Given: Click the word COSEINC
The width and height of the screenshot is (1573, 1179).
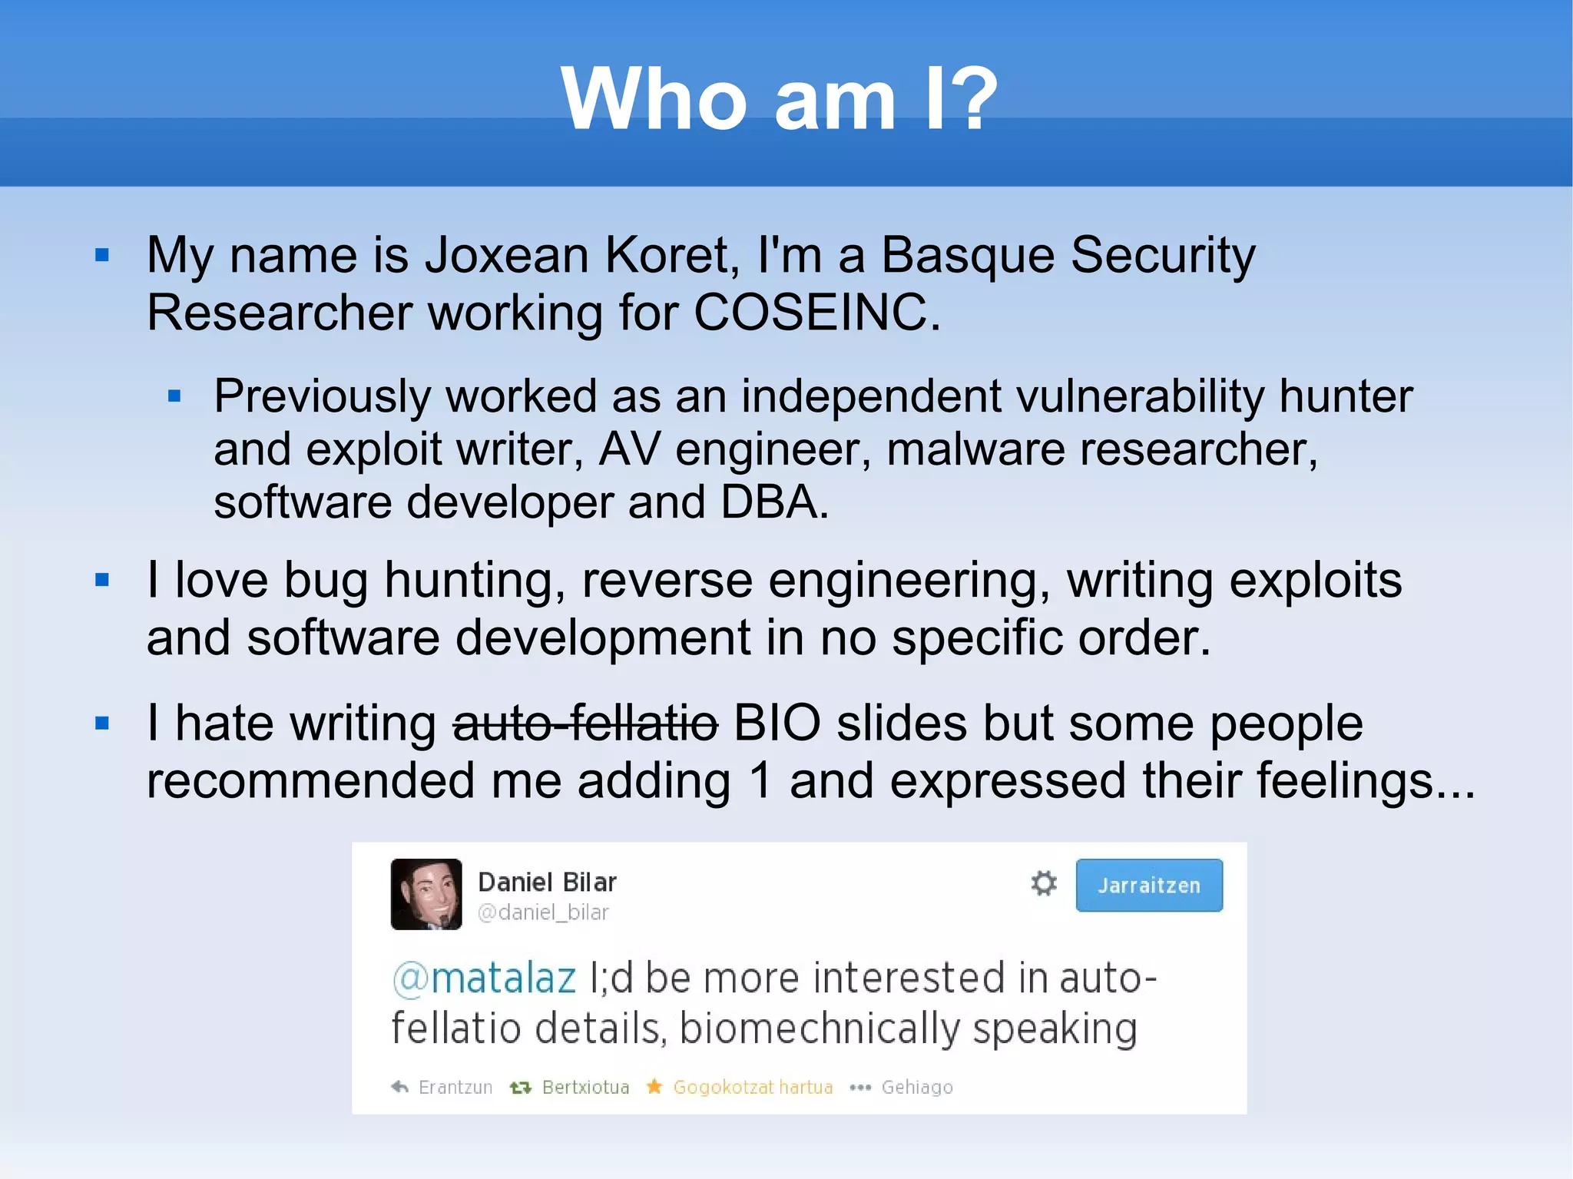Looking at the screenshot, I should click(816, 313).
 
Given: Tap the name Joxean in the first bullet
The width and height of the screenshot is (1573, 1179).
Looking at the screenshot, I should click(506, 255).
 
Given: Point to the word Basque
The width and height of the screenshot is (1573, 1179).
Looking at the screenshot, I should click(967, 255).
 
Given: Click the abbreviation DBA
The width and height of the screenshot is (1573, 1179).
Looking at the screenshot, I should click(773, 502).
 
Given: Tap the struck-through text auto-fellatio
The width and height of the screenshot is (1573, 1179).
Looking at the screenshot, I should click(585, 724).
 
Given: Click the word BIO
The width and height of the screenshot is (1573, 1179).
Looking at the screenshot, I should click(777, 724).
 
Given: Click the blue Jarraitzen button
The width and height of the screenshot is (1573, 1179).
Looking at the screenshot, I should click(1148, 885).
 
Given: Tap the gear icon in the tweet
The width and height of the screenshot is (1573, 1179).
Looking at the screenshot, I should click(1043, 883).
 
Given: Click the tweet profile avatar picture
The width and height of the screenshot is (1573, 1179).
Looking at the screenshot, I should click(426, 894).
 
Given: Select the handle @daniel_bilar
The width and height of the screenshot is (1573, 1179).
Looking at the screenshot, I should click(543, 912).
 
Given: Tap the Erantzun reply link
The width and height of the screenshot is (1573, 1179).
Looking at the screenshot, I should click(455, 1087).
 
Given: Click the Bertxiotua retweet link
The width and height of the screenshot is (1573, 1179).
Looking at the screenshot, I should click(585, 1087).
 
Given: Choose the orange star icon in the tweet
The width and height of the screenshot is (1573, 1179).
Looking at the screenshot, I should click(654, 1086).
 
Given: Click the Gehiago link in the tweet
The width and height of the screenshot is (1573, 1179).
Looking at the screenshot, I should click(916, 1087).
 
